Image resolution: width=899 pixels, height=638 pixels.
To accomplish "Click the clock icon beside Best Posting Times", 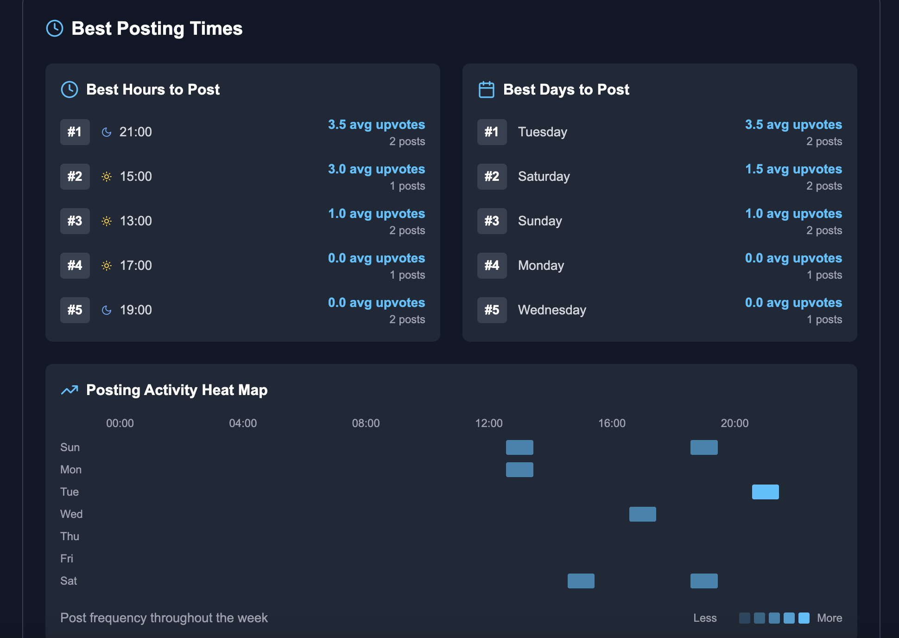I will pos(55,28).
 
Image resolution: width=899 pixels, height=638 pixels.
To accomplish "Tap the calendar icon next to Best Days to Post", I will pos(486,89).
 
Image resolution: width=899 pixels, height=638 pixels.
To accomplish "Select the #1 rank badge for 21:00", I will pos(75,132).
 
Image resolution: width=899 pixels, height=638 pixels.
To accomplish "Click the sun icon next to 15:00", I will pos(107,177).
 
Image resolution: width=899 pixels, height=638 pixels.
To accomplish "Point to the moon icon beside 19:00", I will pos(107,310).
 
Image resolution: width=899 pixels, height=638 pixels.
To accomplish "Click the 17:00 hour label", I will pos(136,266).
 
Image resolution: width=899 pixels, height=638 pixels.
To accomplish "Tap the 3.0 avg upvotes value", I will pos(376,169).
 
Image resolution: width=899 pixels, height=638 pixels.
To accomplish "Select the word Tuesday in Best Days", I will pos(542,132).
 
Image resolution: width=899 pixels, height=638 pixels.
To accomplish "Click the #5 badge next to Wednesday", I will pos(492,310).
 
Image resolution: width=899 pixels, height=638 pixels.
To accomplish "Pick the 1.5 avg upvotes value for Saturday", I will pos(793,169).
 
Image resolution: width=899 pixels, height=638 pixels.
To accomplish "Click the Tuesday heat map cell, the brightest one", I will pos(765,492).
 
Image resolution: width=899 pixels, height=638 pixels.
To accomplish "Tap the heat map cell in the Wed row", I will pos(642,514).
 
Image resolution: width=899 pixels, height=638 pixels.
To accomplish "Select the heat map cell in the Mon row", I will pos(519,470).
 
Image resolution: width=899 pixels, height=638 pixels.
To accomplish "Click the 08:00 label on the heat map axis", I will pos(366,423).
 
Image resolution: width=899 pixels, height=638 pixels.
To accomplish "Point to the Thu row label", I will pos(70,536).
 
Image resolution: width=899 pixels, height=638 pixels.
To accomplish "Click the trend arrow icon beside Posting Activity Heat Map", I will pos(70,390).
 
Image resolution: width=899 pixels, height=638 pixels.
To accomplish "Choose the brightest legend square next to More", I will pos(804,618).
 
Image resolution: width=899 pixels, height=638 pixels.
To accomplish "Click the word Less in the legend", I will pos(705,618).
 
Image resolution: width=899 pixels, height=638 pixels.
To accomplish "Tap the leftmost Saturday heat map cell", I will pos(581,581).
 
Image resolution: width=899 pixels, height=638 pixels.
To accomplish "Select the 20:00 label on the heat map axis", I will pos(734,423).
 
